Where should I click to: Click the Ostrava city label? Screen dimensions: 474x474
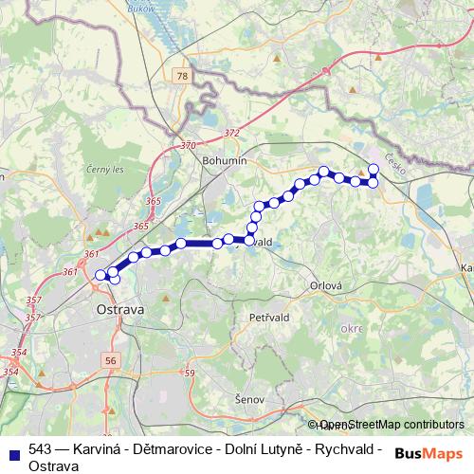point(119,310)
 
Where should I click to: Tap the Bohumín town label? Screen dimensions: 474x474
point(225,161)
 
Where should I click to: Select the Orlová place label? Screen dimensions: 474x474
point(325,284)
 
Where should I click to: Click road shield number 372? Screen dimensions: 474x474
point(232,134)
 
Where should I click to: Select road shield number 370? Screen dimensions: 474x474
point(187,146)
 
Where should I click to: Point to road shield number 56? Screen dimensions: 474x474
point(113,361)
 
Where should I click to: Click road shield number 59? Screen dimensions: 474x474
point(189,373)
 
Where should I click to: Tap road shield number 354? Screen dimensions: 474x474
point(18,353)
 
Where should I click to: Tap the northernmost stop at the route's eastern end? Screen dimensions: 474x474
point(374,169)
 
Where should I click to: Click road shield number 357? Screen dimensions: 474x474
point(34,301)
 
